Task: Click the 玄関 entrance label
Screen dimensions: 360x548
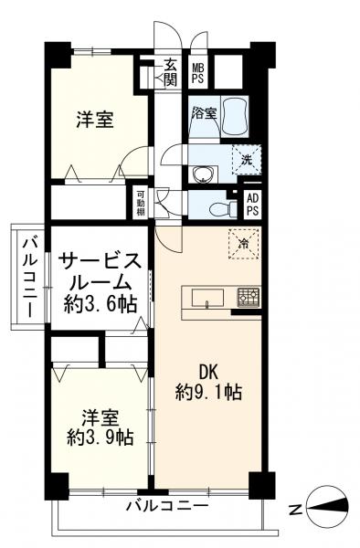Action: pos(170,73)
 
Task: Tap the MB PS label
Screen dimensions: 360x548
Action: pos(197,73)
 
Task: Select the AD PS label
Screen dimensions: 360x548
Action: pos(253,205)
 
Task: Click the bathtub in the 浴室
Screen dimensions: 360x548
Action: pos(235,117)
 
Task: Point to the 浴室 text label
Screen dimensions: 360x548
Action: pos(204,113)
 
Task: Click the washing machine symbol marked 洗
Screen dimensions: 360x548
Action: pos(247,160)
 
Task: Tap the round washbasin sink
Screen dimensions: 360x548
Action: pos(202,174)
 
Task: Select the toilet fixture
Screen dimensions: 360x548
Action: pos(222,208)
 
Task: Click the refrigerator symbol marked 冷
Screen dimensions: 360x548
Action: pos(244,244)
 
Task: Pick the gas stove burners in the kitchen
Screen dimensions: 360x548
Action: pos(249,298)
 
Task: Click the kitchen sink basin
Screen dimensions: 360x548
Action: pos(208,298)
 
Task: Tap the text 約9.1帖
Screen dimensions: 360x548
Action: pos(208,393)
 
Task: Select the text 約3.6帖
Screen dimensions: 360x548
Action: pos(100,304)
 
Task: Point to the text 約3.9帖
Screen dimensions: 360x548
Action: pos(101,437)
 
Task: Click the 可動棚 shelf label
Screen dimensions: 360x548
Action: pos(141,203)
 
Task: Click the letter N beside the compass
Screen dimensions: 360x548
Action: pos(296,510)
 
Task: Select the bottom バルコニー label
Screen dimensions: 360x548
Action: pos(167,505)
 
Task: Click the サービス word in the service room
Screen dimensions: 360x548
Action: pos(100,261)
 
